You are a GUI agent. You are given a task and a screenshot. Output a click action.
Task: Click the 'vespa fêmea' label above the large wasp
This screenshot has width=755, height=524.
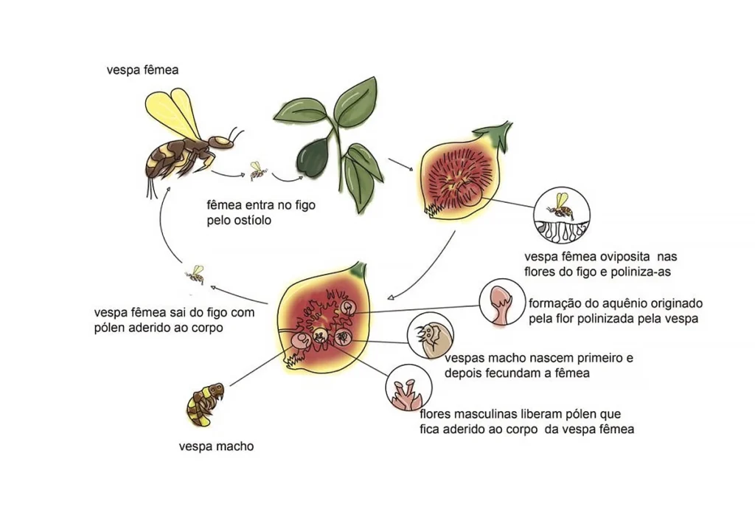142,70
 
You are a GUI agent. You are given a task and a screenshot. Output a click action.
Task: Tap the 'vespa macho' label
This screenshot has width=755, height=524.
216,447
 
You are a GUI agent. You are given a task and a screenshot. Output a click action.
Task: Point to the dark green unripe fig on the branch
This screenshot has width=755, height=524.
314,158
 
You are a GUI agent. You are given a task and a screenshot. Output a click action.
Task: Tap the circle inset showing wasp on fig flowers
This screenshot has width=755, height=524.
563,216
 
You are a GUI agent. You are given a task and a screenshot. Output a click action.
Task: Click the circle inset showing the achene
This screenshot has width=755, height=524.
502,303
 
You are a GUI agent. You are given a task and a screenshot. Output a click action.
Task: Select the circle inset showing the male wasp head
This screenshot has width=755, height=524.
430,336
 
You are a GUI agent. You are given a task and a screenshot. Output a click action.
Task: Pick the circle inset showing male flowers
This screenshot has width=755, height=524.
408,387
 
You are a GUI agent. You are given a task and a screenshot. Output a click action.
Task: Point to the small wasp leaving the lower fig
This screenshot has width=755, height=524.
195,275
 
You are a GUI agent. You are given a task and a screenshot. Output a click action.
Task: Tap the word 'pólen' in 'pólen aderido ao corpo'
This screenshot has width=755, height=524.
111,328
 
